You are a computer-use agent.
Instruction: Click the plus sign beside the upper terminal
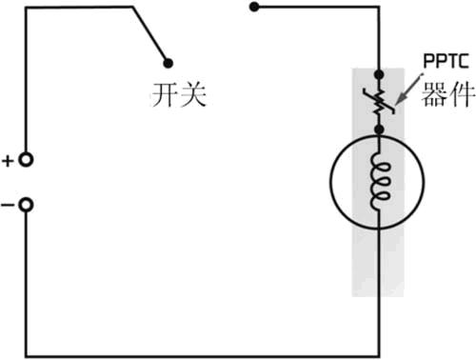9,161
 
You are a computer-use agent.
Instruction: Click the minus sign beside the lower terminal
9,203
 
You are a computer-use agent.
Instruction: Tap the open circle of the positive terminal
27,160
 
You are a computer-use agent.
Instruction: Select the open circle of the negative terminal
27,203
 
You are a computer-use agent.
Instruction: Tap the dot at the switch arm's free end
169,63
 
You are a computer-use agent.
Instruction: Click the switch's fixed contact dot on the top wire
253,8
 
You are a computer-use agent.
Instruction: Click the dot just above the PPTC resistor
379,73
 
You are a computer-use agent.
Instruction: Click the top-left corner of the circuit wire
27,8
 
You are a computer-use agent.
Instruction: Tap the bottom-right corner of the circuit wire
379,353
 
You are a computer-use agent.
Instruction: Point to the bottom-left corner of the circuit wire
27,353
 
